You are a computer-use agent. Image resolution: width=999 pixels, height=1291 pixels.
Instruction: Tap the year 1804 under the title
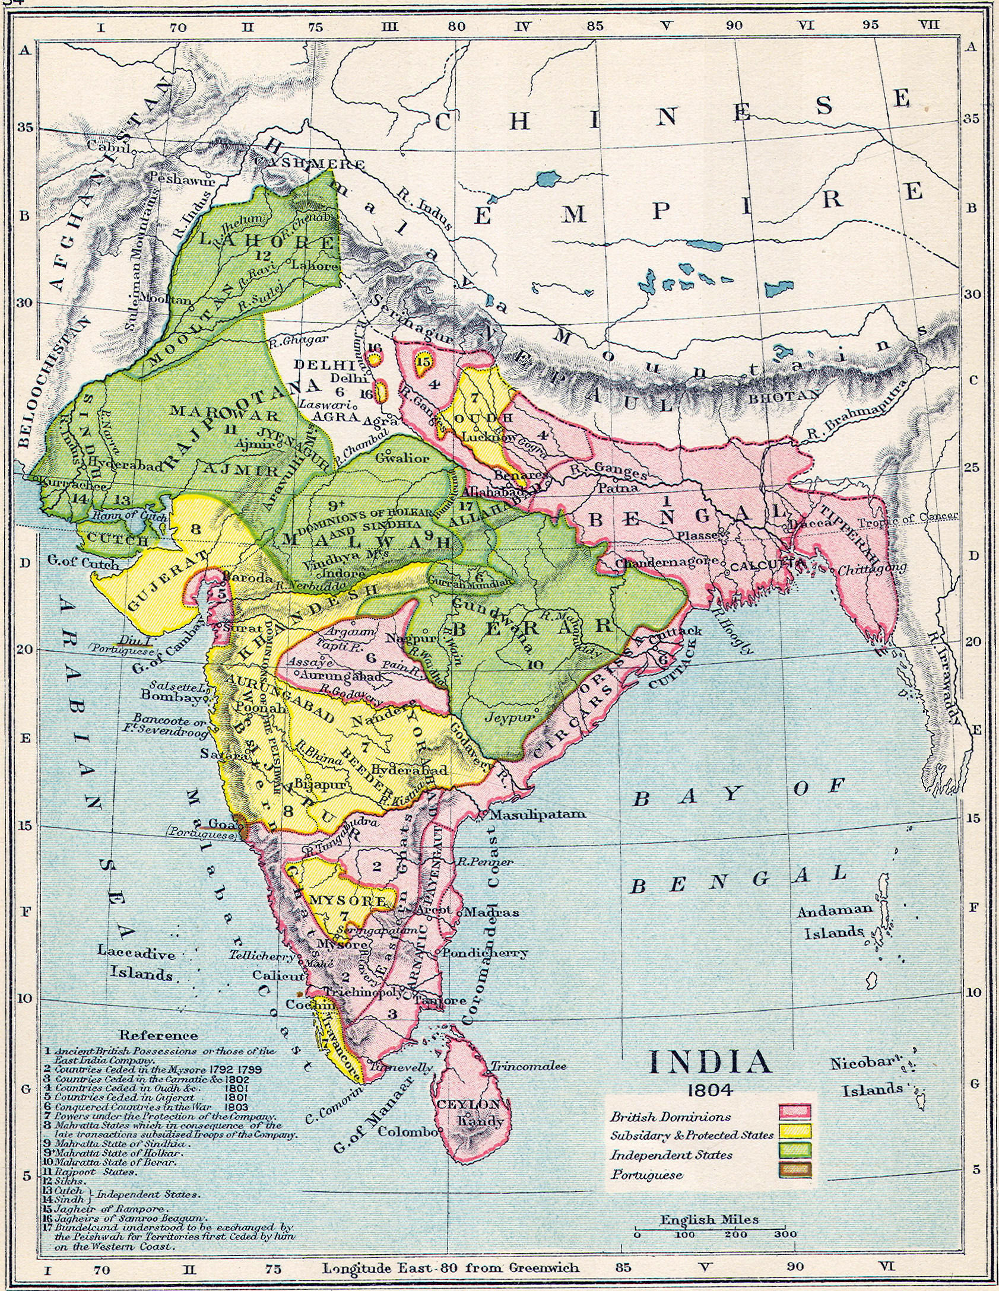(x=709, y=1089)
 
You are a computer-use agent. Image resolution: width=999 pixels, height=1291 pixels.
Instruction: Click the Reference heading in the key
(x=158, y=1035)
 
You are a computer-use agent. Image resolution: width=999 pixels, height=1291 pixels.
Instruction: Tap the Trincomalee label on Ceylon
(x=527, y=1066)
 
